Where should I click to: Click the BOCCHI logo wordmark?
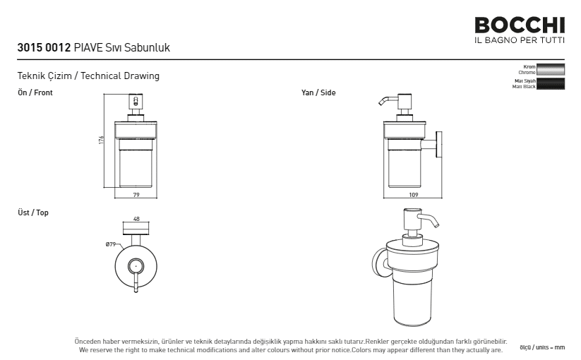520,25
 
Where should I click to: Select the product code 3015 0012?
44,47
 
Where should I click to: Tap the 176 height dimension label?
101,140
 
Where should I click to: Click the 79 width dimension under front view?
136,195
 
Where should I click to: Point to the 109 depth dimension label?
414,195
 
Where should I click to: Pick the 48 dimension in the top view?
136,219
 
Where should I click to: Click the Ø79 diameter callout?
110,244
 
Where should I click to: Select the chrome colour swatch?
551,70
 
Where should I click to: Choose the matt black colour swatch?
551,84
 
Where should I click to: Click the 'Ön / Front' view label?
35,92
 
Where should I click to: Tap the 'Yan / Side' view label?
318,92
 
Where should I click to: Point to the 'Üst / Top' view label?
33,212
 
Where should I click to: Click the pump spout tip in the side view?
381,103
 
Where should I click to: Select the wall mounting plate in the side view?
439,144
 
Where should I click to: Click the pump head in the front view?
136,101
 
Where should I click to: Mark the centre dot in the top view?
136,266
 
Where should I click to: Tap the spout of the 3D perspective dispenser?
430,219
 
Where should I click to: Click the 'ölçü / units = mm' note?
542,347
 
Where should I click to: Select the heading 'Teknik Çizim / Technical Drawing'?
88,76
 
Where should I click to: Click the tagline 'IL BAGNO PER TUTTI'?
520,40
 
